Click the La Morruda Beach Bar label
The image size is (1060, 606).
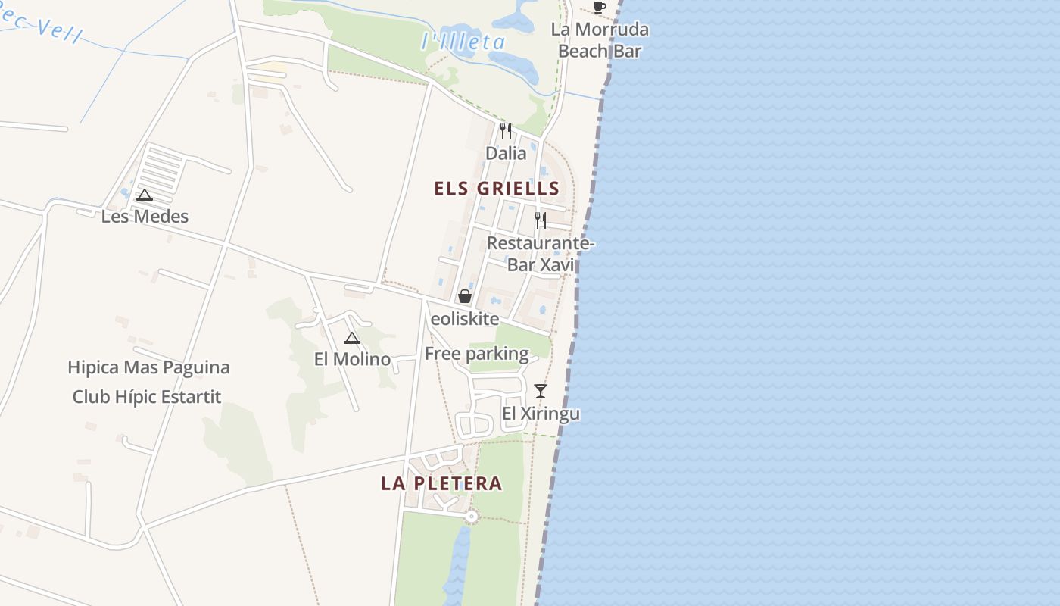(600, 40)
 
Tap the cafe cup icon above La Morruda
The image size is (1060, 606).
(600, 8)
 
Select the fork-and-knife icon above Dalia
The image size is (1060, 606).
(506, 130)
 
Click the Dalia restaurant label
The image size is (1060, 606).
(506, 153)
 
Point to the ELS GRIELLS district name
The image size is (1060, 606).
(497, 189)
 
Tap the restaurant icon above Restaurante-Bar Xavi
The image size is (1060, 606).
(541, 220)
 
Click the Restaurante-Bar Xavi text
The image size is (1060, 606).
(541, 254)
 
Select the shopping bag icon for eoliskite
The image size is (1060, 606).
(465, 296)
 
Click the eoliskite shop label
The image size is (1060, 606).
(465, 319)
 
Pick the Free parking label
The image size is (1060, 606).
(477, 353)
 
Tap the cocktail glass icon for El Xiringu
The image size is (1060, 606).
(541, 391)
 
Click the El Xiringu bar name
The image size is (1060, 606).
(541, 414)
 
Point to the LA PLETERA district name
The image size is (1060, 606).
(441, 483)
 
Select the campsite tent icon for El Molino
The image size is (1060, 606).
(352, 338)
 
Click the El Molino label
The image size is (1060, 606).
(352, 359)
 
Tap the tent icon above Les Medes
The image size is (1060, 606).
(145, 195)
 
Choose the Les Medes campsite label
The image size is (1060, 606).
(145, 217)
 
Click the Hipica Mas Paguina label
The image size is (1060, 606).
(148, 367)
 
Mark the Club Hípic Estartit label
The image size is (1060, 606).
(147, 396)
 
